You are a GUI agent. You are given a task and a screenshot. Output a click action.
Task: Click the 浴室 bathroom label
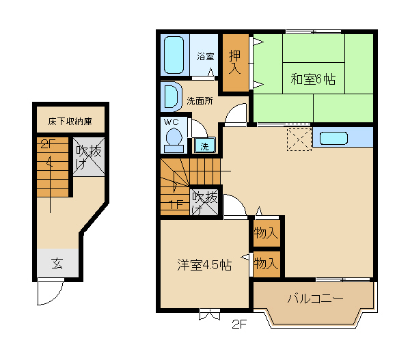pos(206,57)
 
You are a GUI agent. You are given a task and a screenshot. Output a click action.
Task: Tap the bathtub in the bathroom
pos(174,55)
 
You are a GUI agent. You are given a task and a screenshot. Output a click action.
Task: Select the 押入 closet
pos(235,63)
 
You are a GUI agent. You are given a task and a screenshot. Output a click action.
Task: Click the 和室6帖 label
pos(313,79)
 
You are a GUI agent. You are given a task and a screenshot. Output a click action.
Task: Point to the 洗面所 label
pos(200,101)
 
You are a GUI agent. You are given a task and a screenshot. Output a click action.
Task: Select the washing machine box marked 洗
pos(205,146)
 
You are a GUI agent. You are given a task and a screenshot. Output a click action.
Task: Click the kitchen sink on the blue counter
pos(333,138)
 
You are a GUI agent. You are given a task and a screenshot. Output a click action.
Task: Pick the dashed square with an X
pos(299,139)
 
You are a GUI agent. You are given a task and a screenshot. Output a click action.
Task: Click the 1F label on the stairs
pos(176,204)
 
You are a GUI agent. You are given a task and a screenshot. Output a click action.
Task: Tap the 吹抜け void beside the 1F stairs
pos(204,202)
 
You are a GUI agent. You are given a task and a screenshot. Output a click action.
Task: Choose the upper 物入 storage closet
pos(266,233)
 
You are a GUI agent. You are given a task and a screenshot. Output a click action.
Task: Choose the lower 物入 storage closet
pos(266,264)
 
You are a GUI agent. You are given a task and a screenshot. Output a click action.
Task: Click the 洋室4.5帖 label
pos(204,264)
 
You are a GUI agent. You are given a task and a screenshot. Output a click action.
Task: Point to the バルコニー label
pos(315,299)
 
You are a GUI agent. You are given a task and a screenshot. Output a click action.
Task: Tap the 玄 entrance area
pos(57,263)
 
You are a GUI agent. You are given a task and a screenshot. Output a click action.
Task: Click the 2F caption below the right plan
pos(239,324)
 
